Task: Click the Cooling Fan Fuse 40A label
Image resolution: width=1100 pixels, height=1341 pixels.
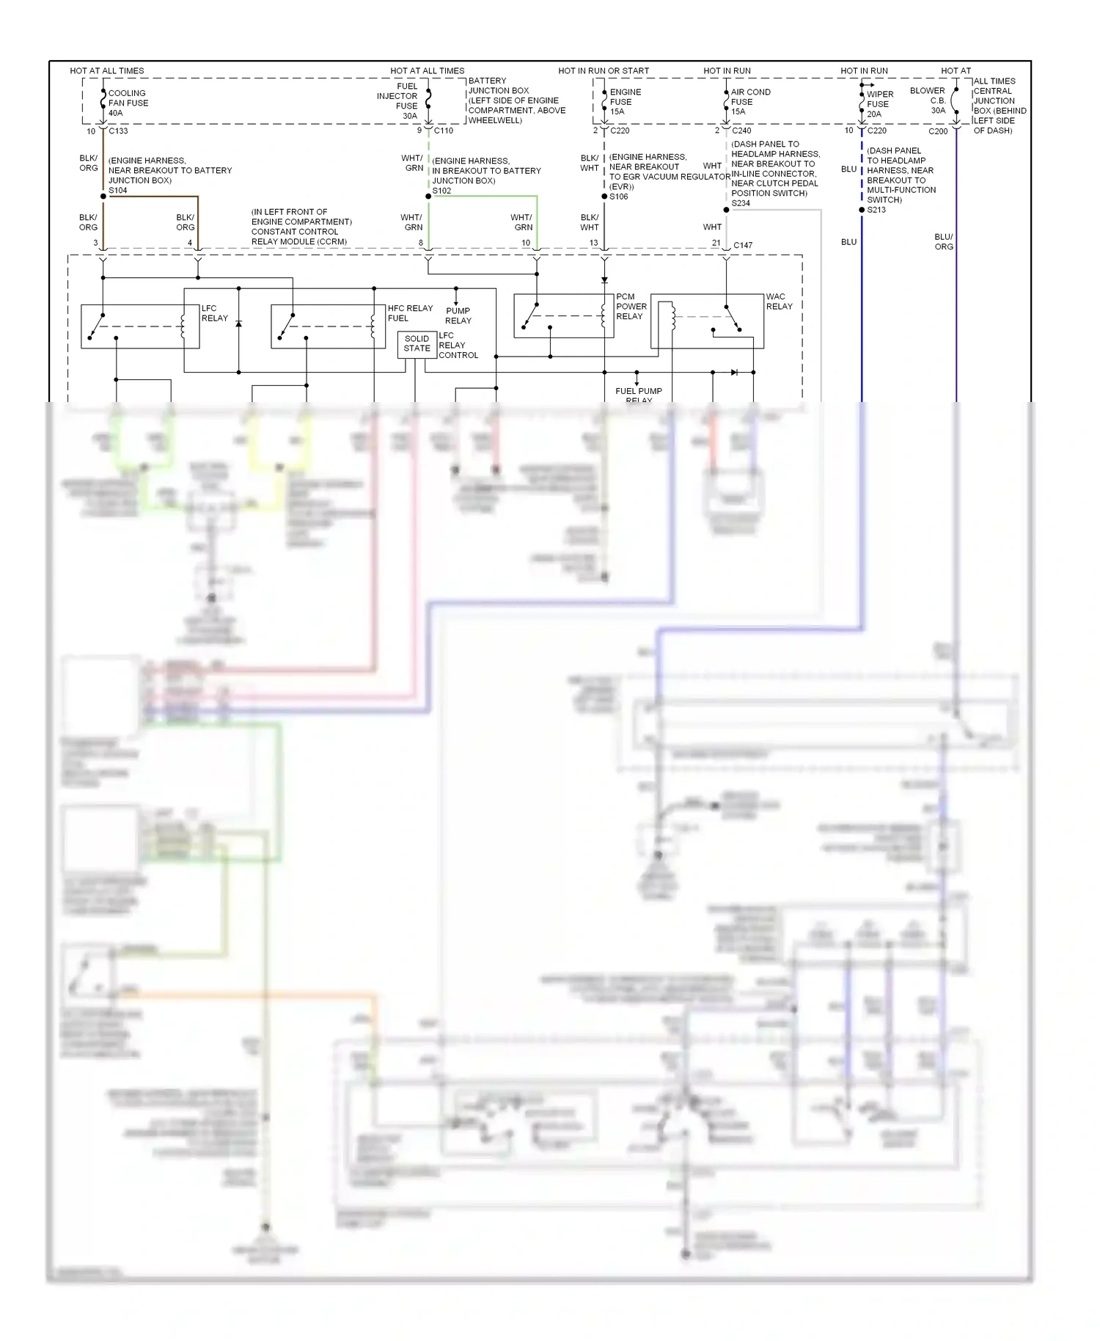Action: [x=128, y=103]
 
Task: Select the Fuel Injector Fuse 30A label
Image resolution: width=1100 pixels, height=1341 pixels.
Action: [x=397, y=101]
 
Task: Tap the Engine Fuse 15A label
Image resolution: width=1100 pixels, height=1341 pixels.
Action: [x=625, y=102]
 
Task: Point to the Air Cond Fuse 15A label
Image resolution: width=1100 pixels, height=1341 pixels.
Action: [x=749, y=102]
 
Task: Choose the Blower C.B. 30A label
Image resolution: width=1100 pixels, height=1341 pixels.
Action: [x=928, y=101]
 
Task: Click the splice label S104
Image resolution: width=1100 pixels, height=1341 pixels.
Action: [x=117, y=191]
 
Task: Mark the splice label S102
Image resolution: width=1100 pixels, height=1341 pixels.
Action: [x=441, y=191]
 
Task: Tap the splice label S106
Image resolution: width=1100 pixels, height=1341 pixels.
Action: [x=618, y=197]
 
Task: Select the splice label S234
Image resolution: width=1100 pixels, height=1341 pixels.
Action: [x=741, y=203]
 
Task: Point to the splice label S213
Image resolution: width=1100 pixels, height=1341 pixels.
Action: [x=876, y=210]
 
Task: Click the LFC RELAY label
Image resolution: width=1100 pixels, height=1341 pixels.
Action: [x=214, y=313]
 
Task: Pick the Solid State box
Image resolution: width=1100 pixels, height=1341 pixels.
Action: [x=417, y=344]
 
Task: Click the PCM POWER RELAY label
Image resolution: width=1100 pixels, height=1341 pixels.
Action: [x=631, y=307]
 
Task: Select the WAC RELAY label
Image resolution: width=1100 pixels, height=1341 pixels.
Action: [x=779, y=302]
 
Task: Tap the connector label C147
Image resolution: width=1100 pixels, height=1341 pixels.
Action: [x=743, y=245]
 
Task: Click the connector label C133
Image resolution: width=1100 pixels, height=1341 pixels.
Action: [x=118, y=131]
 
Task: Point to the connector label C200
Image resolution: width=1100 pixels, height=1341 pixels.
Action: [x=937, y=131]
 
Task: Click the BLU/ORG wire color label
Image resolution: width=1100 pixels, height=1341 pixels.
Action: [x=943, y=242]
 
